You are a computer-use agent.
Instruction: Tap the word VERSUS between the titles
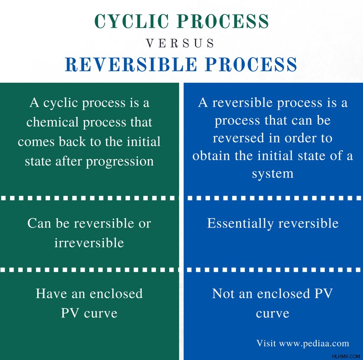pos(180,43)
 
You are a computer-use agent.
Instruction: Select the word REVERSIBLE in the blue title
pos(131,64)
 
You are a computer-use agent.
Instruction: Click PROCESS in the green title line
pos(224,21)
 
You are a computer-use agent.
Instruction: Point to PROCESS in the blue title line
pos(251,64)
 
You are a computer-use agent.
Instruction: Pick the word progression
pos(119,162)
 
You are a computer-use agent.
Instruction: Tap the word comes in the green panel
pos(36,142)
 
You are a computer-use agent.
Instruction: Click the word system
pos(273,174)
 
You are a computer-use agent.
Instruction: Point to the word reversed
pos(239,138)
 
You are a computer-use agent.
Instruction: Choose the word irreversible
pos(89,243)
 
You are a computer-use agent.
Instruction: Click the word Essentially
pos(240,224)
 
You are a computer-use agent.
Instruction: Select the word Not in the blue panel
pos(223,294)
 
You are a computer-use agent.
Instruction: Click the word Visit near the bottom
pos(266,343)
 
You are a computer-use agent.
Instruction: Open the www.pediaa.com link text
pos(314,344)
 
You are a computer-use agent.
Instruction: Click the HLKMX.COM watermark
pos(346,356)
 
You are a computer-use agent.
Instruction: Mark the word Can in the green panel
pos(39,223)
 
